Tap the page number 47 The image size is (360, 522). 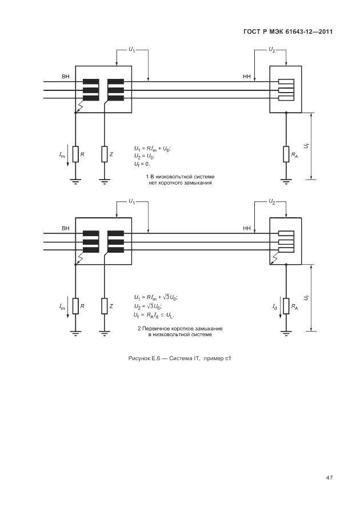[330, 477]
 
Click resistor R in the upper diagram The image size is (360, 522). [75, 154]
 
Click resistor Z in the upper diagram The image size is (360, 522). [105, 154]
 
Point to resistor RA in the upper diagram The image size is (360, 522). [286, 154]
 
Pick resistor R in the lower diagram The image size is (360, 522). [75, 306]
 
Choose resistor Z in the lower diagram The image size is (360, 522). [105, 306]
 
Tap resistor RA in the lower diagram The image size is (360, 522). [286, 306]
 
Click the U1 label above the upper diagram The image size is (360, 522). [131, 50]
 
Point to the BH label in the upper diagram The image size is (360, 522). [65, 76]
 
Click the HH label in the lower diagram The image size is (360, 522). [247, 228]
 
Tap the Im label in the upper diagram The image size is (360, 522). [62, 155]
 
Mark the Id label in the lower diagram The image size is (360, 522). [275, 308]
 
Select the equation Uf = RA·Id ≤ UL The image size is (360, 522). [154, 315]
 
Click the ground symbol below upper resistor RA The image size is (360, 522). [286, 181]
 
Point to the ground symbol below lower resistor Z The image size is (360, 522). [105, 333]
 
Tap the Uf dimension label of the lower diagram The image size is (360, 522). [306, 298]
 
